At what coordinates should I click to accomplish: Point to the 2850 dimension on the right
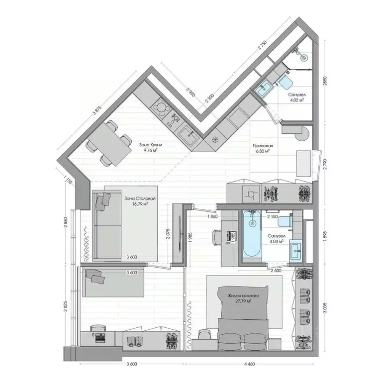(x=325, y=82)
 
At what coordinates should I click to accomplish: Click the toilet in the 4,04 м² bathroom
(x=285, y=221)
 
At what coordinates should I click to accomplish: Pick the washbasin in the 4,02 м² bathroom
(x=264, y=88)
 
